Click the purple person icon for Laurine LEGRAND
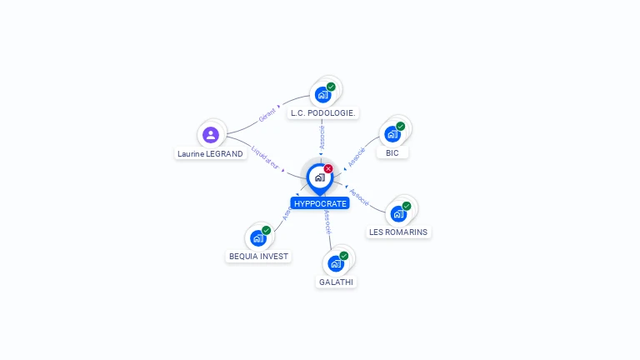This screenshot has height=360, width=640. (x=211, y=135)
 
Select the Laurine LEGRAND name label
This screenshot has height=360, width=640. (x=211, y=153)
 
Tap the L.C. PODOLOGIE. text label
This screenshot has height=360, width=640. (x=322, y=112)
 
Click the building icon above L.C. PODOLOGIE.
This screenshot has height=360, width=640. (x=323, y=95)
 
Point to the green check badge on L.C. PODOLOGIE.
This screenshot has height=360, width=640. (x=331, y=87)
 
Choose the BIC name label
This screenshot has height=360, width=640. (x=392, y=152)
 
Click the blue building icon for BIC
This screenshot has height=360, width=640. (x=392, y=134)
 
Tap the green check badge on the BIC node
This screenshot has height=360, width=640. (x=401, y=127)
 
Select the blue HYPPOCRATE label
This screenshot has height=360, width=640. (x=320, y=203)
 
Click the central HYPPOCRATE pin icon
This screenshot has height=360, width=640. (x=319, y=177)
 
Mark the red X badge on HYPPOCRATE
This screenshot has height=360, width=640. (x=328, y=168)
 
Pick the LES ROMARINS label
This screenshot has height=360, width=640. (x=399, y=232)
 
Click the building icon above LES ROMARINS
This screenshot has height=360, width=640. (x=398, y=213)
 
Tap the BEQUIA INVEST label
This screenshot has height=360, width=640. (x=258, y=257)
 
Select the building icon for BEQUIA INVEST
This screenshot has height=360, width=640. (x=258, y=238)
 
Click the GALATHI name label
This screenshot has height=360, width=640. (x=336, y=282)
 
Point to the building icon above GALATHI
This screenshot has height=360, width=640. (x=336, y=263)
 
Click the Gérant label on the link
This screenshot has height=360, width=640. (x=267, y=115)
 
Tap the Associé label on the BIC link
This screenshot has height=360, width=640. (x=357, y=156)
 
